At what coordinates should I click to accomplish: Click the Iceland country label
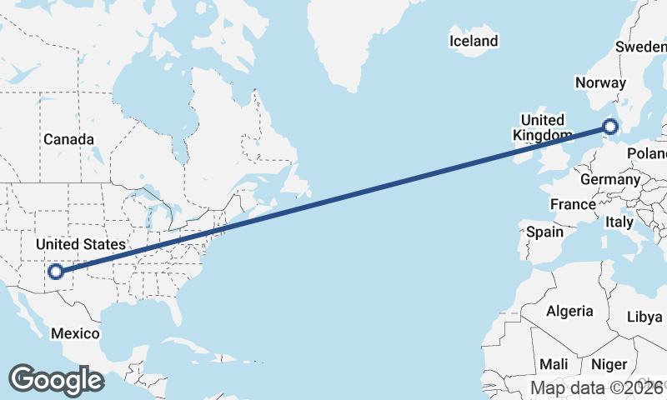[x=473, y=41]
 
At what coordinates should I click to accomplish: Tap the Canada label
[x=68, y=139]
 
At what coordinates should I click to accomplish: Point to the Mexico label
[x=75, y=333]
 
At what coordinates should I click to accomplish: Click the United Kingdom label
[x=543, y=127]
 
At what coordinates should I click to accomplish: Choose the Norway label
[x=600, y=82]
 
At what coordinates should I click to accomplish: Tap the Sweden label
[x=640, y=47]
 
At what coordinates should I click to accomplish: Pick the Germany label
[x=609, y=179]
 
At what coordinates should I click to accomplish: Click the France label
[x=573, y=204]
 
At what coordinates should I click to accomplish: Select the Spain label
[x=544, y=232]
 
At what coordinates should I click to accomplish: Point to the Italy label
[x=619, y=222]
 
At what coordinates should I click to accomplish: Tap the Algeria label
[x=569, y=311]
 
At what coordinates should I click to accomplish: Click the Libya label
[x=644, y=317]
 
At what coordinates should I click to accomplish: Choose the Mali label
[x=554, y=364]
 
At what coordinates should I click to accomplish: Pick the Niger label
[x=609, y=364]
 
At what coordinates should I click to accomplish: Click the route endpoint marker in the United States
[x=56, y=271]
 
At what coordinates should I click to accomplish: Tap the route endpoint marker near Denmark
[x=610, y=127]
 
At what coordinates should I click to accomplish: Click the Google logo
[x=56, y=379]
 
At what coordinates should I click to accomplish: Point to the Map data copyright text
[x=599, y=387]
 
